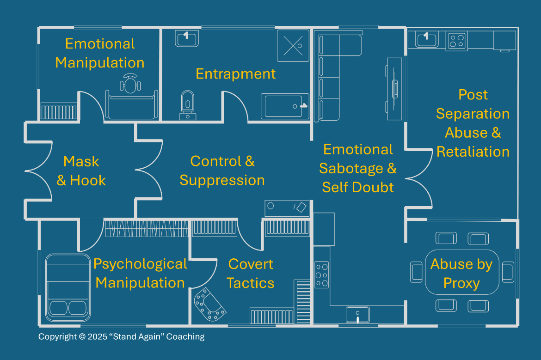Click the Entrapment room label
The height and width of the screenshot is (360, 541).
(x=236, y=74)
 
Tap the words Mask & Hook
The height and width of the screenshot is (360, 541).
(x=81, y=171)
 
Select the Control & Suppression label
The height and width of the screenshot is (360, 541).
(x=222, y=171)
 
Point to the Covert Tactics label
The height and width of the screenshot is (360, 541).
(x=251, y=274)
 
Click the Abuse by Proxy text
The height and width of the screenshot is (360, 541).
(x=461, y=274)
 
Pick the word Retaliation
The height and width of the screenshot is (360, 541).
(x=473, y=152)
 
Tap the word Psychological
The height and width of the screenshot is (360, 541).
(x=140, y=264)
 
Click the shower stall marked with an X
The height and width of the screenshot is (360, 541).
(x=293, y=46)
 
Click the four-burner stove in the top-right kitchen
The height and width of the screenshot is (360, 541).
(x=457, y=41)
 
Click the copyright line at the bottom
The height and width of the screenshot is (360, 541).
(x=121, y=337)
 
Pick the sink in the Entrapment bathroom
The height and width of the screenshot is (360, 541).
(x=187, y=37)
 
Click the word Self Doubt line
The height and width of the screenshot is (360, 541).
(x=358, y=187)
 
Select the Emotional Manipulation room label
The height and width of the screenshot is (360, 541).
(x=100, y=53)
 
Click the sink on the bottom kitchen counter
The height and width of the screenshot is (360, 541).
(x=358, y=315)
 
